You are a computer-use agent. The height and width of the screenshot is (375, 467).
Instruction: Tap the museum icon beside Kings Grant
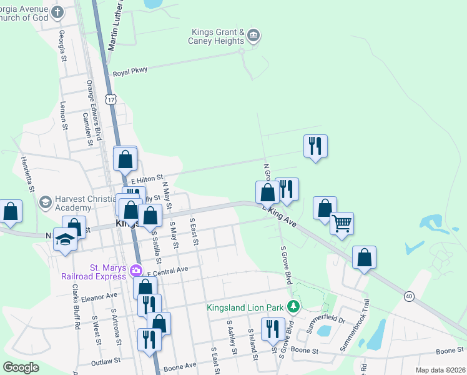(253, 35)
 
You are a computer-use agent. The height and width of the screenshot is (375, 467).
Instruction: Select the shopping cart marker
(342, 223)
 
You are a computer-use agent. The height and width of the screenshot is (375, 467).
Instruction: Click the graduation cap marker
(65, 240)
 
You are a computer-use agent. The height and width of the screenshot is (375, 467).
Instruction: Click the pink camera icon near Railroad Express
(136, 271)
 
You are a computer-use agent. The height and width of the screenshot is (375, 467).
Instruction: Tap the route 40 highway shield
(409, 295)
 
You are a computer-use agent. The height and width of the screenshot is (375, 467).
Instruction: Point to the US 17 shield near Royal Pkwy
(111, 99)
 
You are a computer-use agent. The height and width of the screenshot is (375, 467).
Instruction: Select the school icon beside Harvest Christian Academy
(45, 202)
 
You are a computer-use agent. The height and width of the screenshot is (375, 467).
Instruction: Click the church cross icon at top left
(57, 12)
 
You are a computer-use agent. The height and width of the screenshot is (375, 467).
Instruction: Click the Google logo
(21, 367)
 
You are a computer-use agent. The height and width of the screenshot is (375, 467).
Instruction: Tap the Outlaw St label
(105, 361)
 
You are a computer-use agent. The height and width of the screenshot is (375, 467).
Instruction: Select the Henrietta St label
(28, 181)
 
